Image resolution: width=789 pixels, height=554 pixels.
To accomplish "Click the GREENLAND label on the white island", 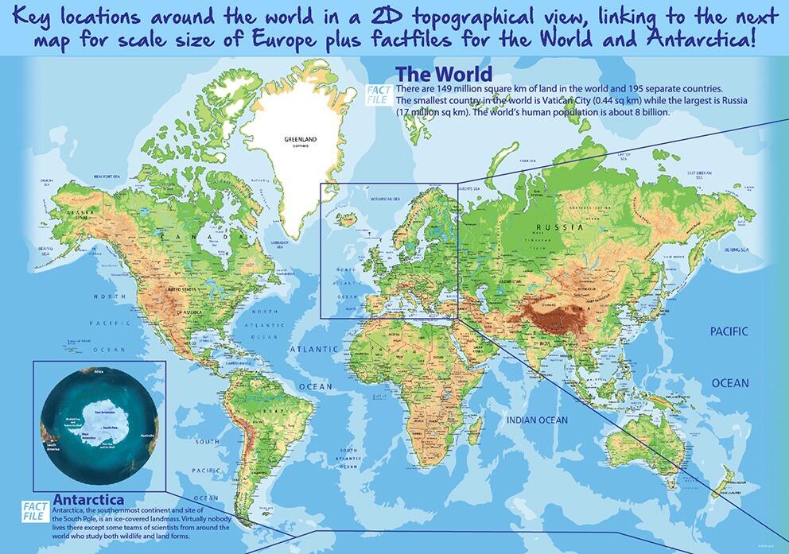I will pyautogui.click(x=300, y=139).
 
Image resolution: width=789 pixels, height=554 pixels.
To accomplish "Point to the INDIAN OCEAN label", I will pyautogui.click(x=538, y=420).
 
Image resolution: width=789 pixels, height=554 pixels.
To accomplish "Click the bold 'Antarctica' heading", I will pyautogui.click(x=87, y=499).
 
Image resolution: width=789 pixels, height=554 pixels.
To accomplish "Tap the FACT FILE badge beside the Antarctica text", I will pyautogui.click(x=34, y=510).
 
